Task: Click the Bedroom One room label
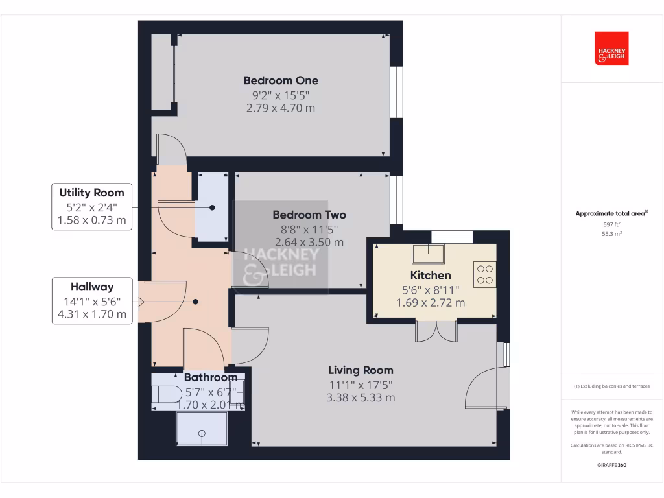click(x=281, y=81)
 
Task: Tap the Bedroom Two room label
click(x=309, y=215)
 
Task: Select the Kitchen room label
click(x=431, y=276)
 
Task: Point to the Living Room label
click(x=361, y=370)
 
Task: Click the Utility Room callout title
click(x=91, y=193)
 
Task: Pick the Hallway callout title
click(x=92, y=287)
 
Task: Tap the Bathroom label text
click(x=211, y=377)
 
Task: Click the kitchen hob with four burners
click(x=484, y=274)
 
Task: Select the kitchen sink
click(x=430, y=252)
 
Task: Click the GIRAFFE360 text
click(x=612, y=465)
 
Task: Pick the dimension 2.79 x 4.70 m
click(x=281, y=108)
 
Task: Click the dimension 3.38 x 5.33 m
click(x=361, y=397)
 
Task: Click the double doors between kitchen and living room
click(x=436, y=331)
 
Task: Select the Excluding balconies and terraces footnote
click(x=611, y=386)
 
